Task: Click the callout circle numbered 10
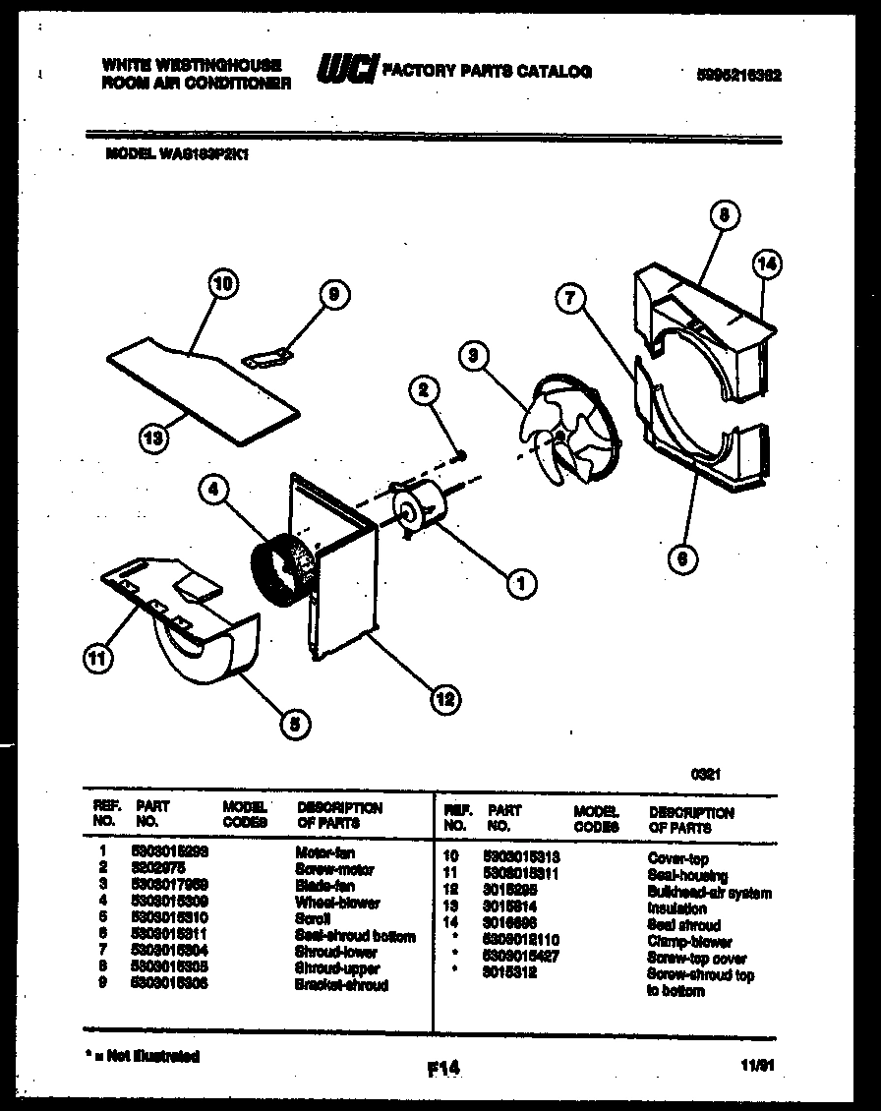coord(223,284)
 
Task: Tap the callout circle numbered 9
coord(334,293)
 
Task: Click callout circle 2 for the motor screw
coord(424,391)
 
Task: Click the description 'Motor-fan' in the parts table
coord(323,853)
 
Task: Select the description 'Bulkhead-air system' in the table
coord(708,893)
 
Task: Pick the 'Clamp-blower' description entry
coord(688,942)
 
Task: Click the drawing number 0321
coord(706,774)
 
